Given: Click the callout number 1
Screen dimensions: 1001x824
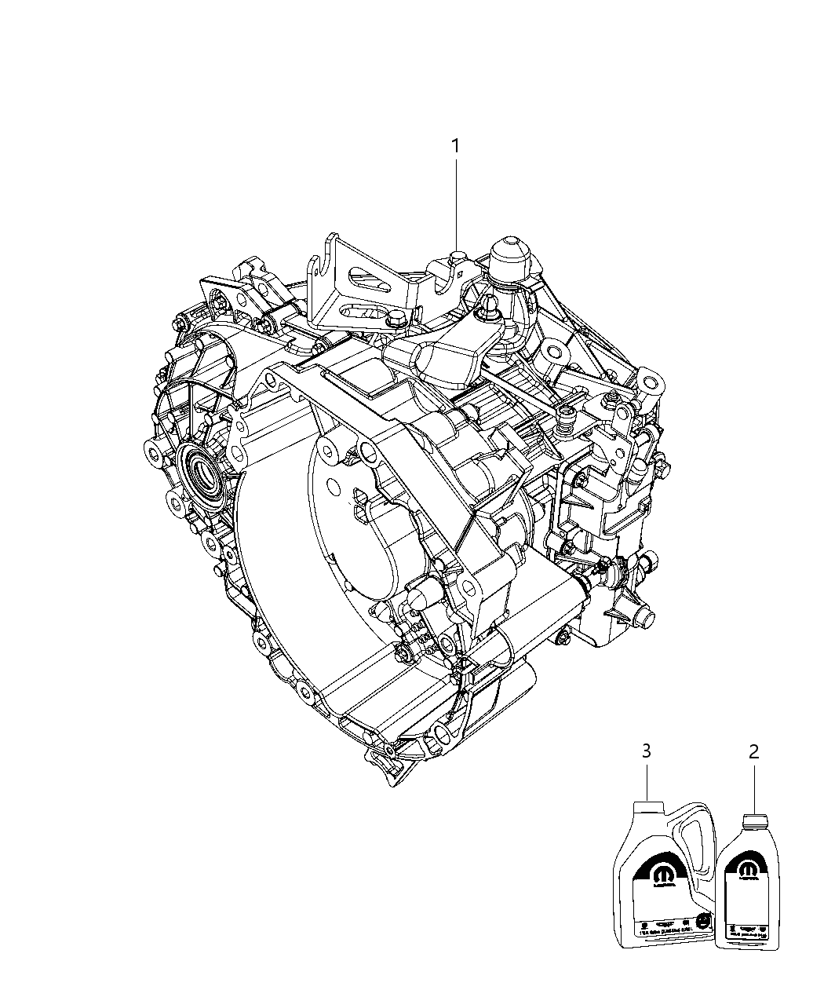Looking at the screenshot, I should tap(454, 146).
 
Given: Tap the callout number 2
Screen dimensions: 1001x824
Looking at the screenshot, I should tap(753, 751).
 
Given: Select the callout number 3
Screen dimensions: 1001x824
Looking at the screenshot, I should tap(646, 751).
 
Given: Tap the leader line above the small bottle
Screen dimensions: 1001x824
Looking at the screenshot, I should tap(754, 789).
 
